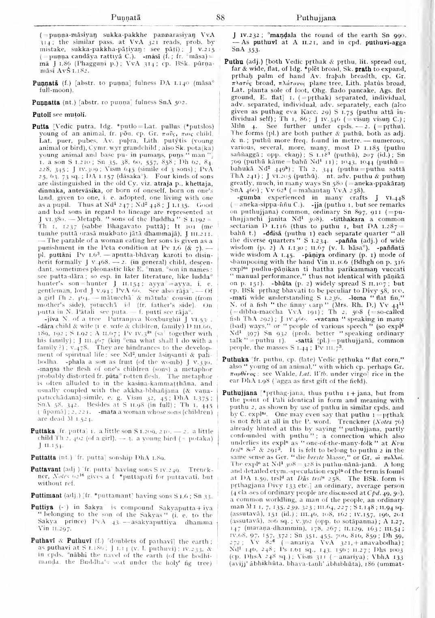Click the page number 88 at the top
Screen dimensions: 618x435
221,17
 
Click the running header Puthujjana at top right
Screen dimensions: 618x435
316,17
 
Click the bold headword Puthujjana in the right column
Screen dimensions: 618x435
240,393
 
